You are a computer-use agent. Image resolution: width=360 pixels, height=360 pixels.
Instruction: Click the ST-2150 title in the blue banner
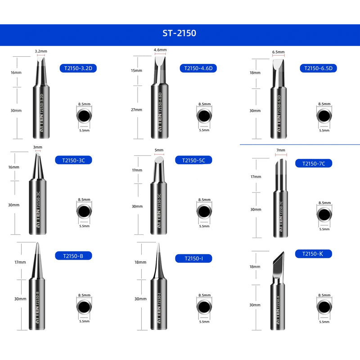click(x=179, y=33)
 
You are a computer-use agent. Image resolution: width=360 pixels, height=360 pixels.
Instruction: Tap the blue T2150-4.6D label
click(x=198, y=68)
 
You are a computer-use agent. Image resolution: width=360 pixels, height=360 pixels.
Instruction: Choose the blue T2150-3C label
click(x=73, y=160)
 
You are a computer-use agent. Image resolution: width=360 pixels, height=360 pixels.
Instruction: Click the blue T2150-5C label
click(x=197, y=160)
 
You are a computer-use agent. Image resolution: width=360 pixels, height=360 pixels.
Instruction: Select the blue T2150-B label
click(x=73, y=256)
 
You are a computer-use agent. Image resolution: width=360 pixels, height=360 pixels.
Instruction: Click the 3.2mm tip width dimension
click(x=41, y=52)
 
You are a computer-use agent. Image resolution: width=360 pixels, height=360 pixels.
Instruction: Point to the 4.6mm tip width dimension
click(x=160, y=50)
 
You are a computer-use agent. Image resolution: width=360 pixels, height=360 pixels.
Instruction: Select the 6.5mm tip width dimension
click(x=278, y=52)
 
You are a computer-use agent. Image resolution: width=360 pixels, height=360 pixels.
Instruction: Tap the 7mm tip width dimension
click(x=281, y=150)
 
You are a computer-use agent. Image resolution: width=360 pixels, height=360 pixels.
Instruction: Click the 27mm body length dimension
click(x=137, y=109)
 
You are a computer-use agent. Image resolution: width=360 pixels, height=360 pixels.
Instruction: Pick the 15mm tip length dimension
click(x=137, y=71)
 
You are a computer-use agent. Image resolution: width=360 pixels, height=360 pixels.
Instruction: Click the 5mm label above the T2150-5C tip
click(x=159, y=150)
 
